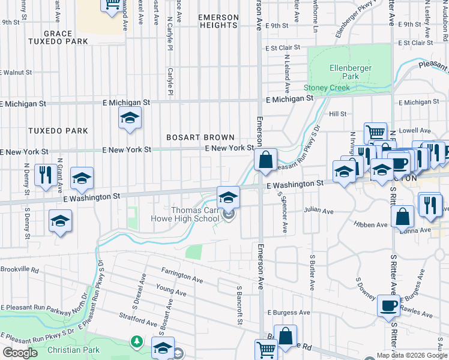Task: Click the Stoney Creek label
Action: tap(326, 88)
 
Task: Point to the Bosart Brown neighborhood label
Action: tap(200, 137)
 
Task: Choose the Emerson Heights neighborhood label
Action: tap(217, 21)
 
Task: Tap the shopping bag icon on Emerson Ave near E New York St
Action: tap(264, 160)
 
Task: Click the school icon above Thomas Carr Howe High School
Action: tap(228, 197)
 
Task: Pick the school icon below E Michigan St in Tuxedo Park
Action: tap(129, 119)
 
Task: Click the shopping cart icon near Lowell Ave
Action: tap(375, 133)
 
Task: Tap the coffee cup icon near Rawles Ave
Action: tap(389, 306)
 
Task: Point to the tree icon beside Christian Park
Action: tap(137, 341)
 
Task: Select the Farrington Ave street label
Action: tap(182, 278)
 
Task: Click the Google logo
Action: tap(20, 352)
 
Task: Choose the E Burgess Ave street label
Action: tap(289, 313)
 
